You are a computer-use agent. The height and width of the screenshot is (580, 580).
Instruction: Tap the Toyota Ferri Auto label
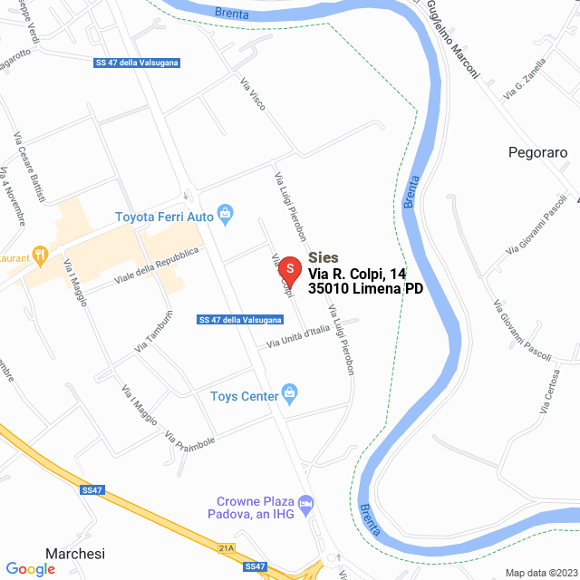pyautogui.click(x=164, y=217)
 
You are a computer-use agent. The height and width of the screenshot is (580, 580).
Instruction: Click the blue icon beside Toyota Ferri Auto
pyautogui.click(x=227, y=216)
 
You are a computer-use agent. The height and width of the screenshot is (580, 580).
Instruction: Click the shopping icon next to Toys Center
pyautogui.click(x=289, y=392)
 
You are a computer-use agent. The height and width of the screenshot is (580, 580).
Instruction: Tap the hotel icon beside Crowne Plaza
pyautogui.click(x=306, y=502)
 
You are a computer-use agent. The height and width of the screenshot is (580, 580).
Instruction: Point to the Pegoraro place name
pyautogui.click(x=537, y=152)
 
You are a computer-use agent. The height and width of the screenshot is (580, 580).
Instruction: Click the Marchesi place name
pyautogui.click(x=76, y=554)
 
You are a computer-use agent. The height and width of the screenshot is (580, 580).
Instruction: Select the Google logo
pyautogui.click(x=31, y=568)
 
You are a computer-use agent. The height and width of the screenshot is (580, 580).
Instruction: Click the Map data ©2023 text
pyautogui.click(x=540, y=573)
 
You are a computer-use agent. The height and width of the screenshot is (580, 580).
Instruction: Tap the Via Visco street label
pyautogui.click(x=253, y=95)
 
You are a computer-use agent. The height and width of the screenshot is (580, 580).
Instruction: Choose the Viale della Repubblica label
pyautogui.click(x=157, y=267)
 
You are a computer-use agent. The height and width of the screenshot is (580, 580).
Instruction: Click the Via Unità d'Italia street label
pyautogui.click(x=298, y=336)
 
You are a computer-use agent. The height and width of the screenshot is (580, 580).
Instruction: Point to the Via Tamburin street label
pyautogui.click(x=153, y=332)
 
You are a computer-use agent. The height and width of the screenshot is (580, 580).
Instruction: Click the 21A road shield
pyautogui.click(x=227, y=547)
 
